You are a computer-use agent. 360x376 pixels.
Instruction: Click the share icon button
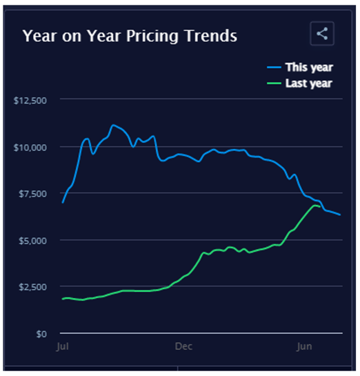(322, 34)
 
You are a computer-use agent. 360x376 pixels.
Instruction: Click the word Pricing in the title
(152, 37)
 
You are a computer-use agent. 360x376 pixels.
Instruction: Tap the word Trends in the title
(211, 36)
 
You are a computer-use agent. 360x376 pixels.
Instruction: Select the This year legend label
(309, 68)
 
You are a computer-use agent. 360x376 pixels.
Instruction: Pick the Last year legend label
(309, 83)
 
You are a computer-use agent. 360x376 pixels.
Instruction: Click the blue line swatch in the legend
(274, 68)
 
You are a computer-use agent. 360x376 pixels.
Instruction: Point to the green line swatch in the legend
(274, 83)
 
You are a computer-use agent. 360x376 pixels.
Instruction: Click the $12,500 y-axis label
(30, 101)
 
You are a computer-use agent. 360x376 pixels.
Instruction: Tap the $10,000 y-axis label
(30, 148)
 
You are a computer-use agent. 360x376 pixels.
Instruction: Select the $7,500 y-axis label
(33, 194)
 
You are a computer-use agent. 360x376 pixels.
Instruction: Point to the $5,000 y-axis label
(33, 241)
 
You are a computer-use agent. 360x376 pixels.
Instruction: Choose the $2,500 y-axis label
(33, 287)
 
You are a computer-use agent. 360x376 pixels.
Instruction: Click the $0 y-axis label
(41, 334)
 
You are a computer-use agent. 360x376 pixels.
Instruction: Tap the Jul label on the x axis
(63, 347)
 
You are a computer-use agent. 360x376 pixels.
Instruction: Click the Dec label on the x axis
(183, 346)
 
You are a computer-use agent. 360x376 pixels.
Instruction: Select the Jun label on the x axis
(304, 347)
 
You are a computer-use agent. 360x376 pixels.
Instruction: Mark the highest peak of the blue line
(113, 125)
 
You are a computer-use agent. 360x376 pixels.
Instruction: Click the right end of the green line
(320, 206)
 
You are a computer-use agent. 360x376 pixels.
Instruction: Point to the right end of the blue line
(340, 215)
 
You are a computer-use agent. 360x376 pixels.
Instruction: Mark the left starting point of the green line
(63, 299)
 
